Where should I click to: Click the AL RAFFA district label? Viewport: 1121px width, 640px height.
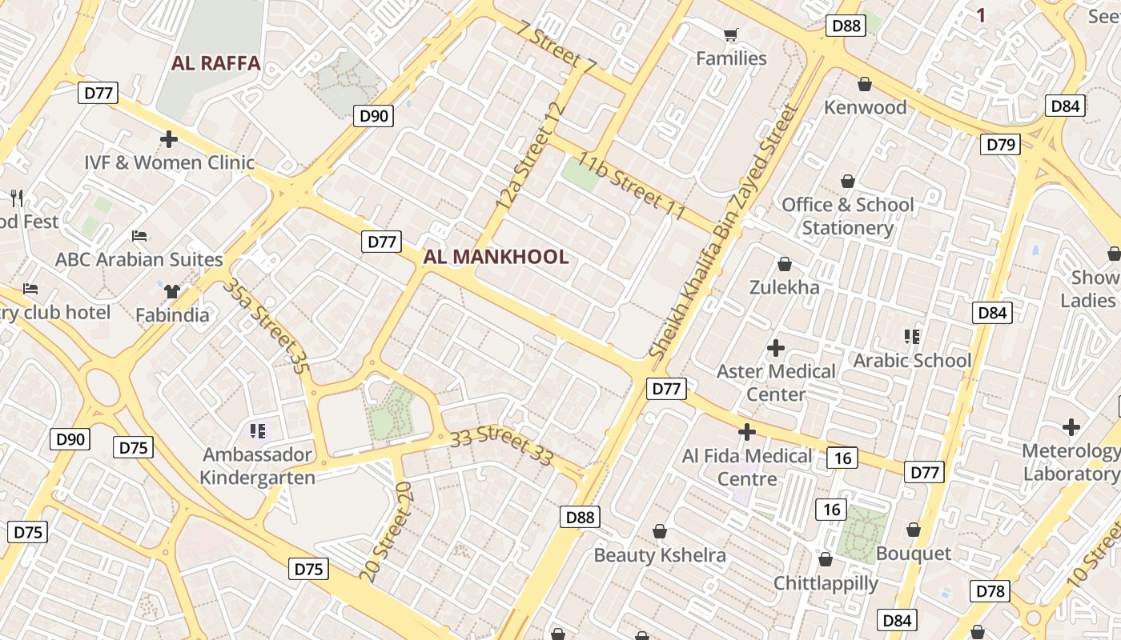(x=216, y=63)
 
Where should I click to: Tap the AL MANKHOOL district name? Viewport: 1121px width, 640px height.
(x=496, y=257)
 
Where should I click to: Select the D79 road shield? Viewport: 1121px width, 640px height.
(x=1000, y=145)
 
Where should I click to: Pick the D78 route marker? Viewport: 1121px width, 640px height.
(x=990, y=591)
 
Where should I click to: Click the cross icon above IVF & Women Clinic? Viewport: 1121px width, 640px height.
(x=168, y=139)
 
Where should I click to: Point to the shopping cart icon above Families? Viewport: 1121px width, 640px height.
(x=730, y=34)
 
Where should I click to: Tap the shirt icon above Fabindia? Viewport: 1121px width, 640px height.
(x=171, y=291)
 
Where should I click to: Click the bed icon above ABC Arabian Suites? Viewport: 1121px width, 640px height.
(x=139, y=236)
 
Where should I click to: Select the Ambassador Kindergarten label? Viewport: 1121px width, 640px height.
(x=257, y=466)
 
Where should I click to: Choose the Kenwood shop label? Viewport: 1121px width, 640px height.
(x=866, y=107)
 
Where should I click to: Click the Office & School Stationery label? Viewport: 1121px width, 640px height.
(x=848, y=216)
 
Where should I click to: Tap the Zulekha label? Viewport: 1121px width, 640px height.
(x=785, y=287)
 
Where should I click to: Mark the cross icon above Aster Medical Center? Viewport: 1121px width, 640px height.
(x=775, y=348)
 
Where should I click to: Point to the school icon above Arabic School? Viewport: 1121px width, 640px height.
(x=912, y=337)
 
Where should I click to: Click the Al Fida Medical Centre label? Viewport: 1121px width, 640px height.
(x=747, y=467)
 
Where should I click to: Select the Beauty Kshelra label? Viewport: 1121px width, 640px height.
(x=660, y=555)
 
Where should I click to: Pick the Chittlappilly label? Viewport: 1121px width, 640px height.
(x=826, y=582)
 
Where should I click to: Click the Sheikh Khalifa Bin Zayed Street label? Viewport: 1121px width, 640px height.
(x=724, y=232)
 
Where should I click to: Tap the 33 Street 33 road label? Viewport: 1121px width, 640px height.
(x=501, y=446)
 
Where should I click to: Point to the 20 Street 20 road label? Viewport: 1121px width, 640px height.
(x=392, y=532)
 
